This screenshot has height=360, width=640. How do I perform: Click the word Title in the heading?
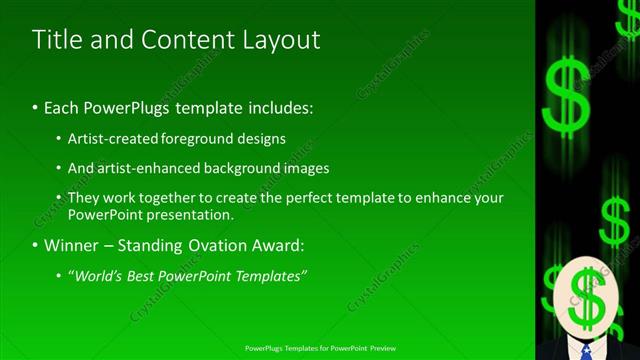tap(59, 40)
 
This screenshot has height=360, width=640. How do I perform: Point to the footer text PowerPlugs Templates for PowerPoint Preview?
tap(319, 348)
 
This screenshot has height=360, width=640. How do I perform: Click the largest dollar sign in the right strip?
tap(567, 95)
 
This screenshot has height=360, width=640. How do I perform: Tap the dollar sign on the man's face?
tap(585, 297)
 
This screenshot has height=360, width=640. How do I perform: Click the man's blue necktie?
tap(586, 351)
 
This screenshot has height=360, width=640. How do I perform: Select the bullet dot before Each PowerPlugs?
tap(36, 107)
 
